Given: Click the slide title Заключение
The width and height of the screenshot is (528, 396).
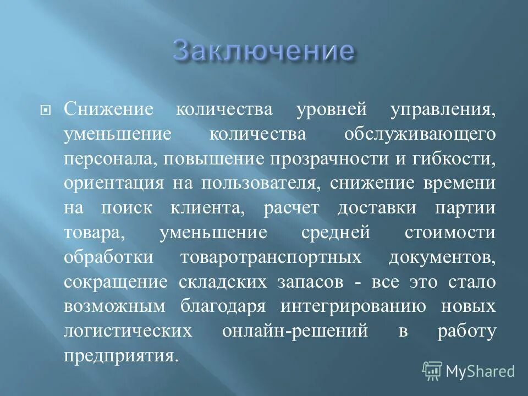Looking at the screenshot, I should coord(263,51).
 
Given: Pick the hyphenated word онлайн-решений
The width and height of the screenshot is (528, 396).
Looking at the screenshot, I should coord(295,332).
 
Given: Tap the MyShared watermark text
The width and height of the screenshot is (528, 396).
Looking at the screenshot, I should coord(480,371).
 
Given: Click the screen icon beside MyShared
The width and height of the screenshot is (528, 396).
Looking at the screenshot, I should coord(432,371).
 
